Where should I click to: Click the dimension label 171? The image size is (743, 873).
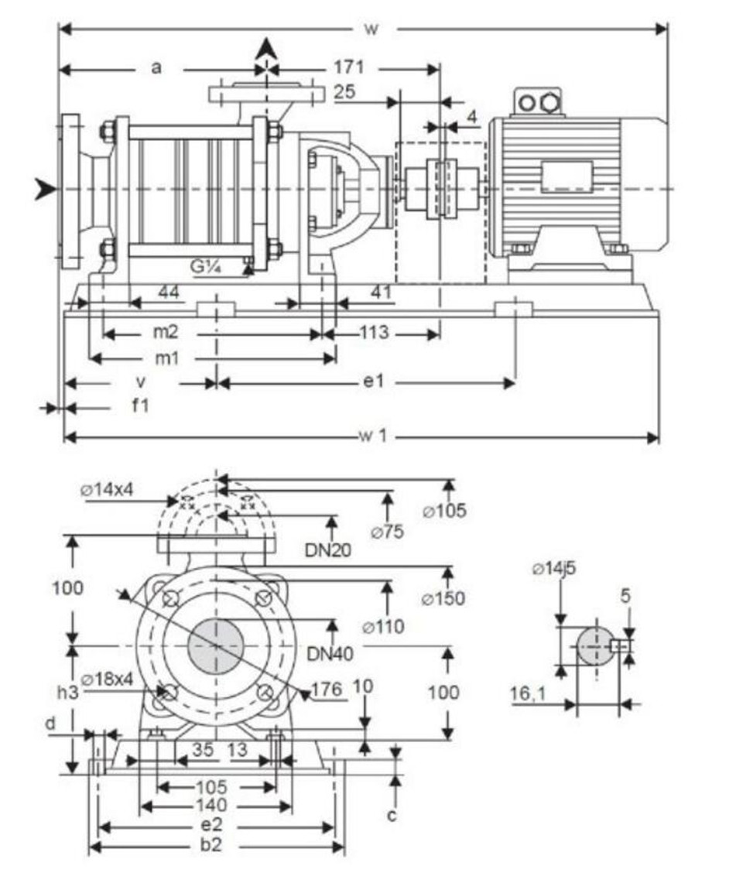(348, 67)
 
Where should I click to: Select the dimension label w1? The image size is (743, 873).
(372, 436)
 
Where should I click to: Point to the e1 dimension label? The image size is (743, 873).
(374, 382)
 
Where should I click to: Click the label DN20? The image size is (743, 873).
(328, 550)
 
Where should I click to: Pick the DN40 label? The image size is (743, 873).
(330, 654)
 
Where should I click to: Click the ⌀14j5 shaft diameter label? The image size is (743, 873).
(553, 568)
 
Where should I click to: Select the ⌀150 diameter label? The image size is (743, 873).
(443, 598)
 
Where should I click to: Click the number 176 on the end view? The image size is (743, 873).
(327, 690)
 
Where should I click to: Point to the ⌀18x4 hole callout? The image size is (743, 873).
(107, 680)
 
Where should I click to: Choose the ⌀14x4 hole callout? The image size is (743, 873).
(107, 490)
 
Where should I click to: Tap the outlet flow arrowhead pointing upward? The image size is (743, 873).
(267, 49)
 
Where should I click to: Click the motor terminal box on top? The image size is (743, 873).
(537, 102)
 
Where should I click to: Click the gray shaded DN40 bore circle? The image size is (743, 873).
(216, 645)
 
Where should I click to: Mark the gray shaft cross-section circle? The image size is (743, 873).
(596, 645)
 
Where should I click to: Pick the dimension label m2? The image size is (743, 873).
(166, 332)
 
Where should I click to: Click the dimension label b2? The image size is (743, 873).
(211, 844)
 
